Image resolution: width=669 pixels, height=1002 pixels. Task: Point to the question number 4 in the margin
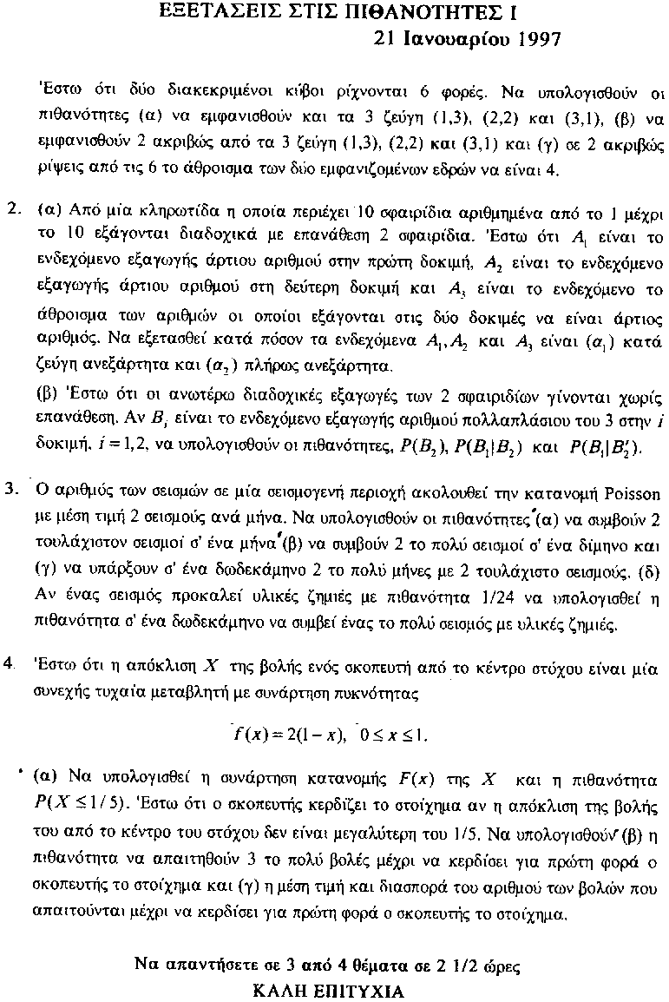coord(10,663)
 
